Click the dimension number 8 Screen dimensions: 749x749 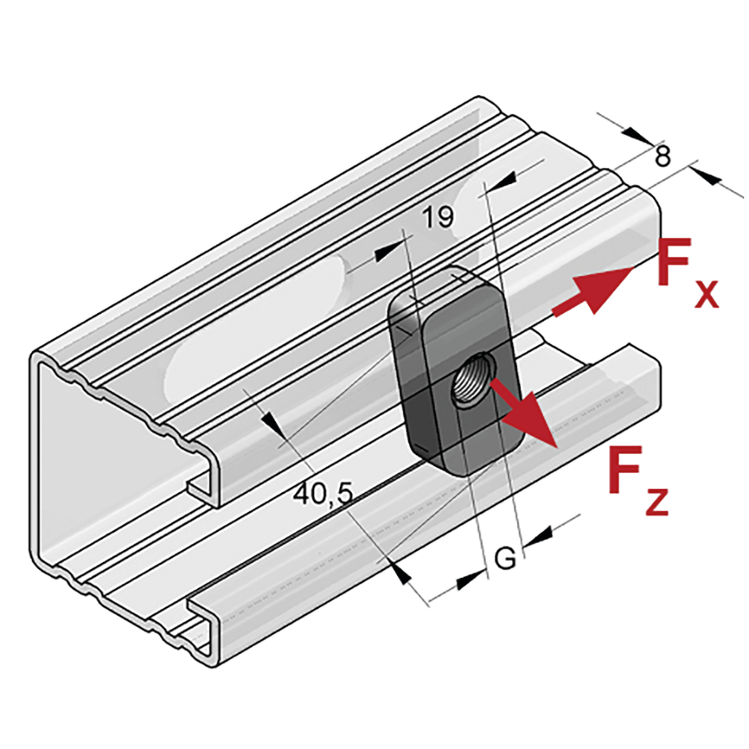[663, 155]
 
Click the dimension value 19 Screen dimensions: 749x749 [438, 216]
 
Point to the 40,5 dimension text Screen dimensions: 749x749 [323, 494]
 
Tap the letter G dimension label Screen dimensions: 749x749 [506, 557]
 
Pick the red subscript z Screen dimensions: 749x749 [656, 501]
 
